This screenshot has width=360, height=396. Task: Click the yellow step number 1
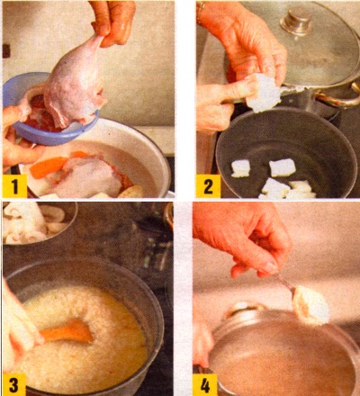click(x=14, y=186)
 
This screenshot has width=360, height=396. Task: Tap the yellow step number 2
click(x=208, y=186)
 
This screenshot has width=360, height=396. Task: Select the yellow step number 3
click(x=14, y=385)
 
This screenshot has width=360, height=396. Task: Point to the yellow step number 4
click(x=205, y=385)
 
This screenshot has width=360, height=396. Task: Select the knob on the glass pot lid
click(x=296, y=21)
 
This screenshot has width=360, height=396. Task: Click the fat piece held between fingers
click(x=263, y=92)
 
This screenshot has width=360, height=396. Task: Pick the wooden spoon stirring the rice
click(x=67, y=332)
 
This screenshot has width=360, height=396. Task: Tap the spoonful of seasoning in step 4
click(x=310, y=304)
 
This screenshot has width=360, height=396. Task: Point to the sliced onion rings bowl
click(x=33, y=223)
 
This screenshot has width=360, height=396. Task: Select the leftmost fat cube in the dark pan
click(x=240, y=168)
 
